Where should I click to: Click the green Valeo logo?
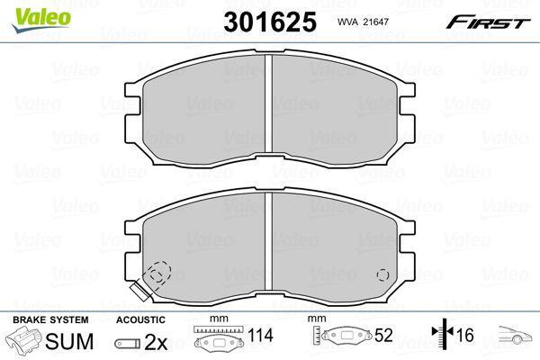pyautogui.click(x=41, y=20)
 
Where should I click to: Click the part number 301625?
pyautogui.click(x=270, y=22)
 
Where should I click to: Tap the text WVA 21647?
pyautogui.click(x=363, y=22)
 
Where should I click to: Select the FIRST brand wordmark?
pyautogui.click(x=488, y=22)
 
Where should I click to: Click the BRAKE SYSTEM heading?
pyautogui.click(x=50, y=319)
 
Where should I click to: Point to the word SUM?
pyautogui.click(x=69, y=341)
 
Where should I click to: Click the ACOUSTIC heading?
pyautogui.click(x=140, y=319)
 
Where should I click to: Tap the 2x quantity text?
pyautogui.click(x=156, y=342)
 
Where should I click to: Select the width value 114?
pyautogui.click(x=260, y=335)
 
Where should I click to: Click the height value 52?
pyautogui.click(x=383, y=335)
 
